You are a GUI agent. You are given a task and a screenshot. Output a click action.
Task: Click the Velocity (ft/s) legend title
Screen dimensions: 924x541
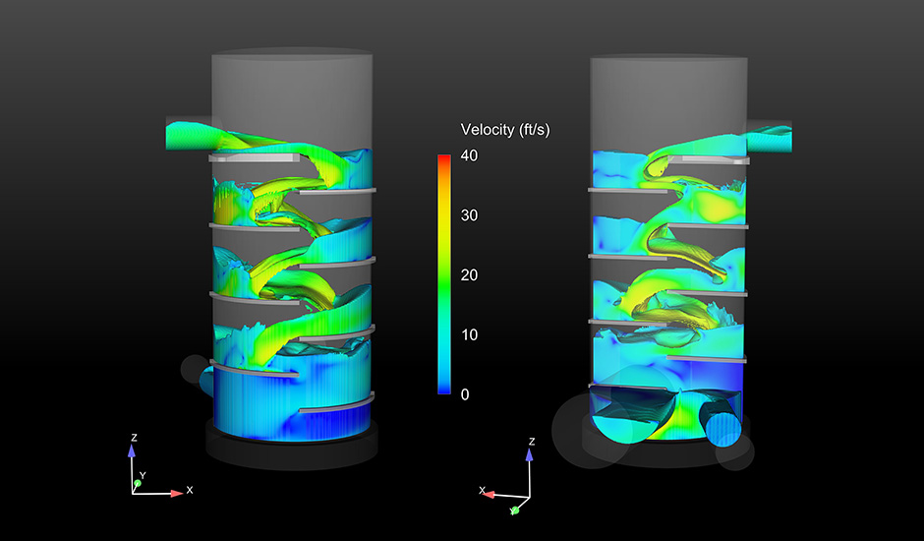click(505, 130)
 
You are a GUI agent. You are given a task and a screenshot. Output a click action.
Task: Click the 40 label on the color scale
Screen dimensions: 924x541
click(469, 155)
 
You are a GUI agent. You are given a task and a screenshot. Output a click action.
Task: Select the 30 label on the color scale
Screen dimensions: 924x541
click(469, 215)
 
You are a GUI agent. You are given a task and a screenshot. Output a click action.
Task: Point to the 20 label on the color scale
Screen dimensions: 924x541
click(469, 274)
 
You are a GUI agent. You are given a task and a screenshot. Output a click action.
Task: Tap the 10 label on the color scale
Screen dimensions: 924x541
click(469, 334)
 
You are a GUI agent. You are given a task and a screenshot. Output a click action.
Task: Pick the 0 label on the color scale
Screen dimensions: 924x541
click(465, 394)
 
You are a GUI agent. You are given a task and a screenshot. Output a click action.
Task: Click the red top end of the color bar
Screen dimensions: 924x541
click(444, 157)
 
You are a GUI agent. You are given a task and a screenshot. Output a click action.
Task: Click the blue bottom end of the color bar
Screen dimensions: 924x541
click(444, 391)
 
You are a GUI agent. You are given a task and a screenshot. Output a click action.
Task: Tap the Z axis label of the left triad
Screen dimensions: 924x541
click(134, 438)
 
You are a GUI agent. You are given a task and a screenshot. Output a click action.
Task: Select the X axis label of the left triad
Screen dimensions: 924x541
click(189, 490)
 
